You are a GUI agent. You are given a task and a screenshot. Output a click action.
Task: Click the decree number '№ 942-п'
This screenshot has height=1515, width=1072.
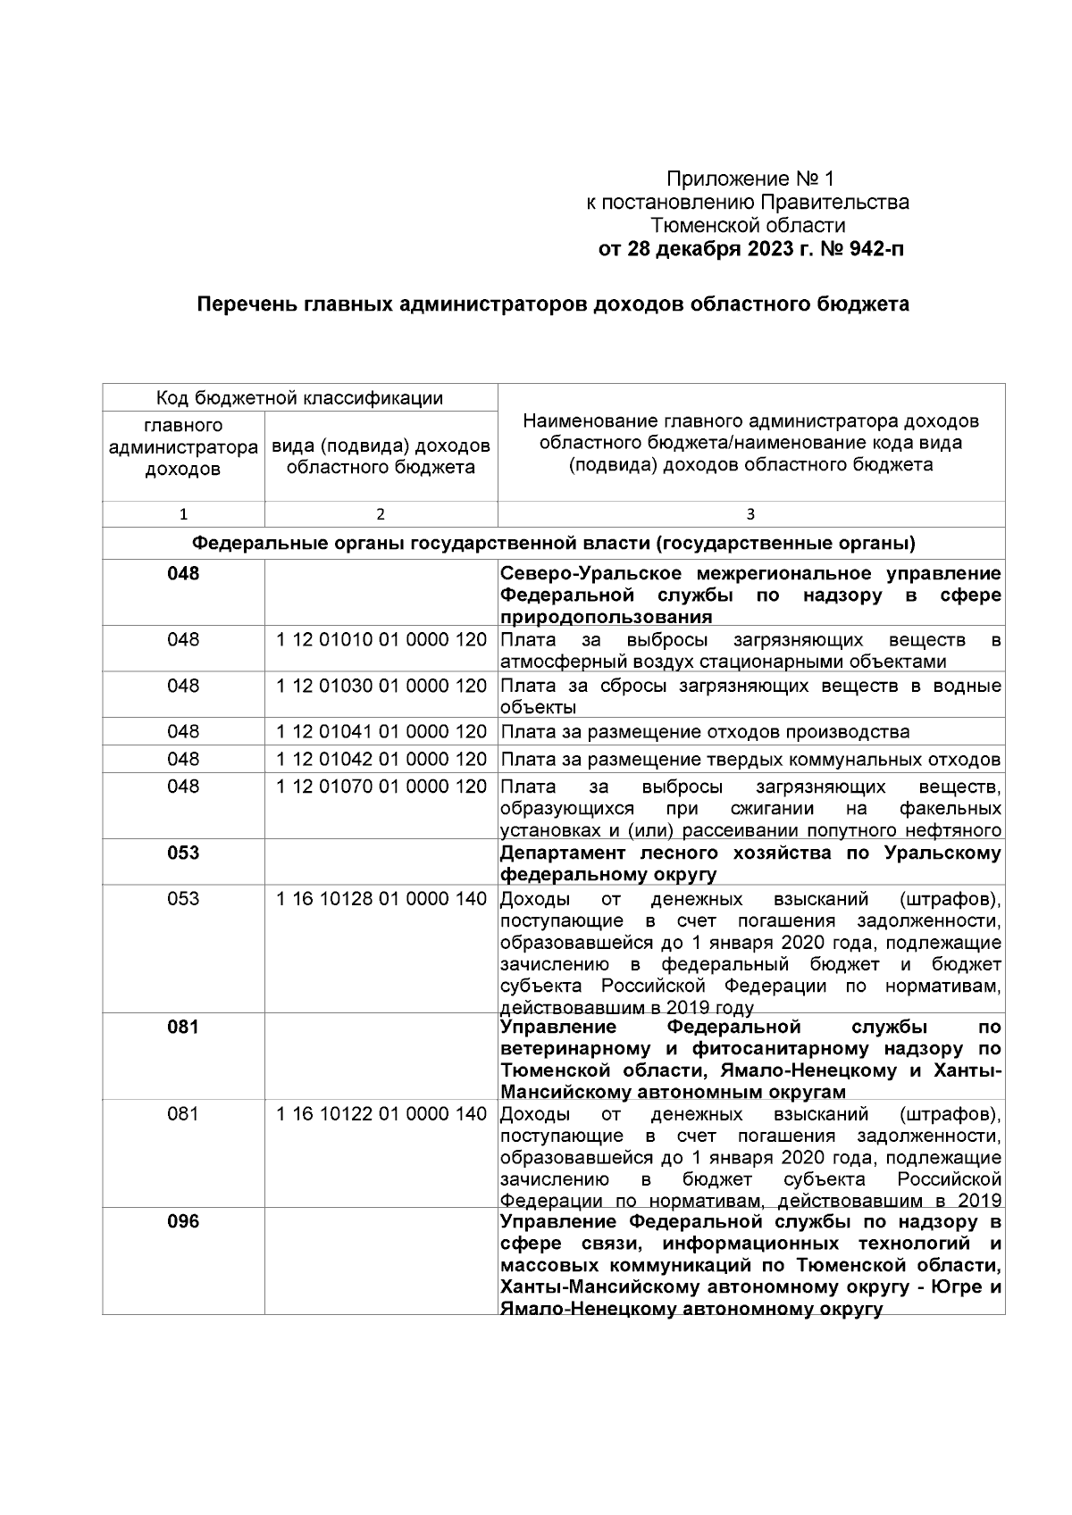point(861,249)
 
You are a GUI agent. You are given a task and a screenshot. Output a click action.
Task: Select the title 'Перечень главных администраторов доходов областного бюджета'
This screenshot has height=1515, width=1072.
point(553,304)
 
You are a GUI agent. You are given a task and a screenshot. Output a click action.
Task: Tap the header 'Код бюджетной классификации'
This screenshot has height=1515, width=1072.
point(300,398)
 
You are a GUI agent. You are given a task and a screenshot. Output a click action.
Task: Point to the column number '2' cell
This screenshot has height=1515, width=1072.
point(381,514)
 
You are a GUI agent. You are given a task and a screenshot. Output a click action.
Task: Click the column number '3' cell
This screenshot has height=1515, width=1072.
point(750,514)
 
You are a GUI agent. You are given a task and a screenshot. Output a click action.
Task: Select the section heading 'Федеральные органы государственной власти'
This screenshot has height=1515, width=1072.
point(553,543)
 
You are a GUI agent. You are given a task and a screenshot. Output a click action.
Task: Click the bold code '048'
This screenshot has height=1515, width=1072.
point(183,574)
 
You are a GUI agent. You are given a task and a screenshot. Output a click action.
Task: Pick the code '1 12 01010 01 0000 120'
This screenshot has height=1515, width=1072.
point(381,640)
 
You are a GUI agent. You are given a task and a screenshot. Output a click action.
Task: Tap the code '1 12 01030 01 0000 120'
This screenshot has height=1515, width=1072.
point(381,687)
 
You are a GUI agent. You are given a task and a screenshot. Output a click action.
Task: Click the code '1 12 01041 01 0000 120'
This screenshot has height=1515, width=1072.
point(381,732)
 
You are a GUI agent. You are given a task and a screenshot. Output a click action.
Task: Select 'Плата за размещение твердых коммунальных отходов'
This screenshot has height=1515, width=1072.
point(750,760)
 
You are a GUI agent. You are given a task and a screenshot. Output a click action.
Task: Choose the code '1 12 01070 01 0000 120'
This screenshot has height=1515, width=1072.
point(381,787)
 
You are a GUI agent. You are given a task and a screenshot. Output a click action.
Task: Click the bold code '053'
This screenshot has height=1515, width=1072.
point(183,853)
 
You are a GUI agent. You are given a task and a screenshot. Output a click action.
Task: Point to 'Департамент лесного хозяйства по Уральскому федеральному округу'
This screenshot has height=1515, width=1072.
point(750,863)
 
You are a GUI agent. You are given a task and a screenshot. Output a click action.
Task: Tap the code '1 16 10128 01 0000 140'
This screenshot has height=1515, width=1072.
point(381,899)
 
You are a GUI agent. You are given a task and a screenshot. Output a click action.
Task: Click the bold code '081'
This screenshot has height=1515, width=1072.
point(183,1027)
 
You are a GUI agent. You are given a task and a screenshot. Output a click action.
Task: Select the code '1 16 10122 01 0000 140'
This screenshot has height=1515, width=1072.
point(381,1114)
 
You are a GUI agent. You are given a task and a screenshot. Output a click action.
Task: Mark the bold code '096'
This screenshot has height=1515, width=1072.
point(183,1222)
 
